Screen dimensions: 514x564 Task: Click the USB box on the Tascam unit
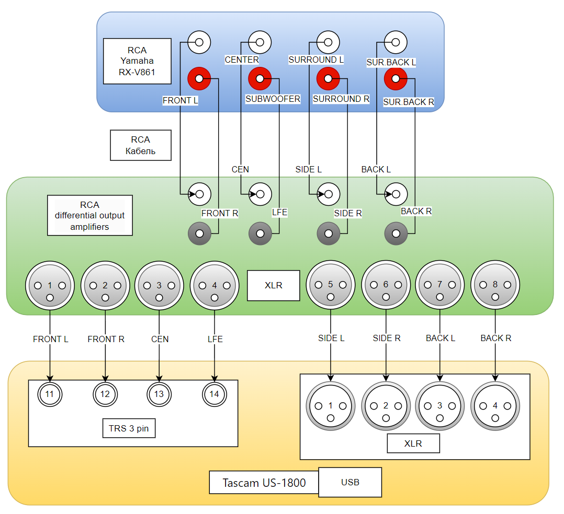[x=350, y=482]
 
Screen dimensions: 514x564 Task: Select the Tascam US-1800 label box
[x=264, y=483]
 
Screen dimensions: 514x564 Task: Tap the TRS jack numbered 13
[x=159, y=394]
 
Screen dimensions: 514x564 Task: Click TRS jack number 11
[x=50, y=394]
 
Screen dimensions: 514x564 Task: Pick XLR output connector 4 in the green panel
[x=214, y=286]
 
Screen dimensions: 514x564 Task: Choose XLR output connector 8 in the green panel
[x=495, y=285]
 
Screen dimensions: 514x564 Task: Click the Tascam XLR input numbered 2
[x=386, y=406]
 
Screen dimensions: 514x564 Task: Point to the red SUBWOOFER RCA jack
[x=260, y=79]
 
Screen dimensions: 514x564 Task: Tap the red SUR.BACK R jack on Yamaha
[x=396, y=79]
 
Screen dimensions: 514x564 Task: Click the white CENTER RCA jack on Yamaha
[x=260, y=42]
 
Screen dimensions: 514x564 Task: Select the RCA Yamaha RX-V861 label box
[x=137, y=61]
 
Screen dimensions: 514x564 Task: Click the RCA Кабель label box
[x=141, y=145]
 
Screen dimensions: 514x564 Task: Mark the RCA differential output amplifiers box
[x=89, y=215]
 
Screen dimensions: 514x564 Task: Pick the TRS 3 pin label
[x=129, y=429]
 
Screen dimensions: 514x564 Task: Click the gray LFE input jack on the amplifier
[x=260, y=233]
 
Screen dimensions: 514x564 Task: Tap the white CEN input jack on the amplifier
[x=260, y=194]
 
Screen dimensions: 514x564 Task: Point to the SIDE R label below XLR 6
[x=387, y=338]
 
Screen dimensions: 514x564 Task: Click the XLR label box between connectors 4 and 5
[x=273, y=286]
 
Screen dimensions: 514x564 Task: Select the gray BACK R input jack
[x=396, y=233]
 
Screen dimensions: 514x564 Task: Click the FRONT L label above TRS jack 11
[x=51, y=339]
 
